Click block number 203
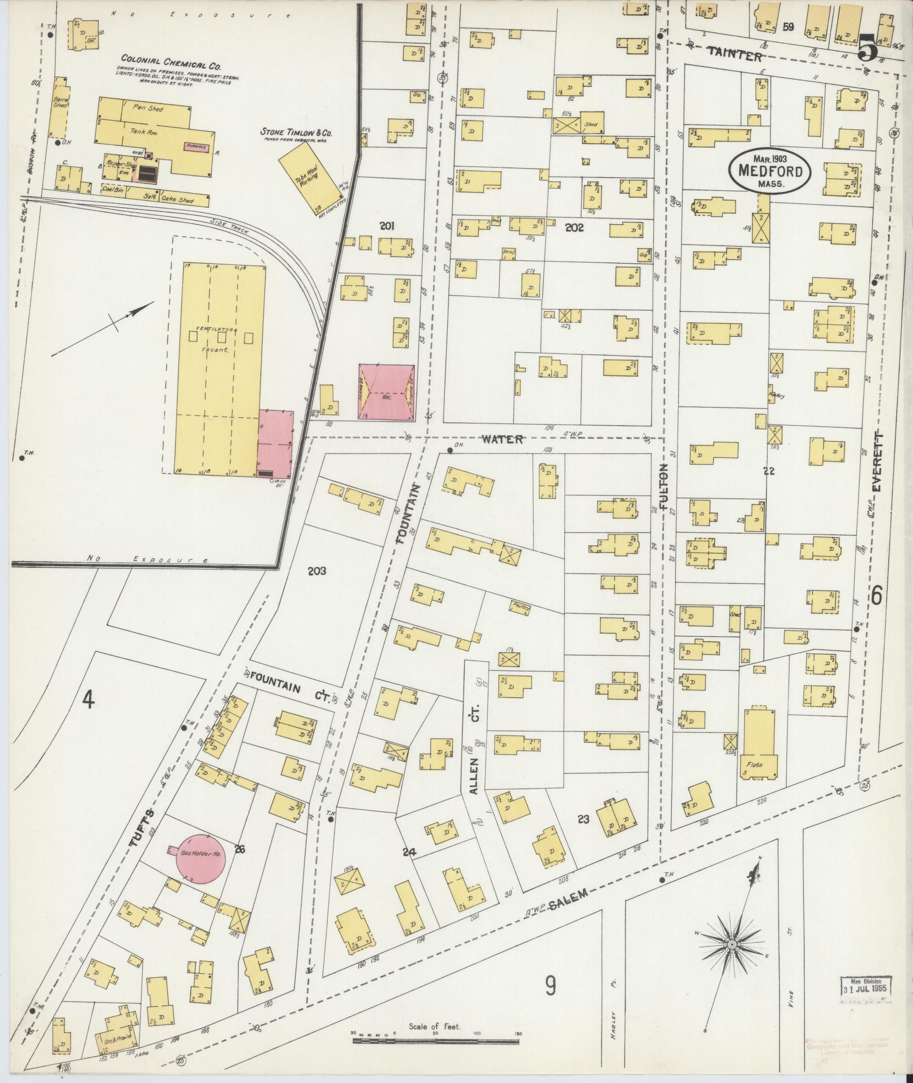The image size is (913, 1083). pos(317,571)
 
